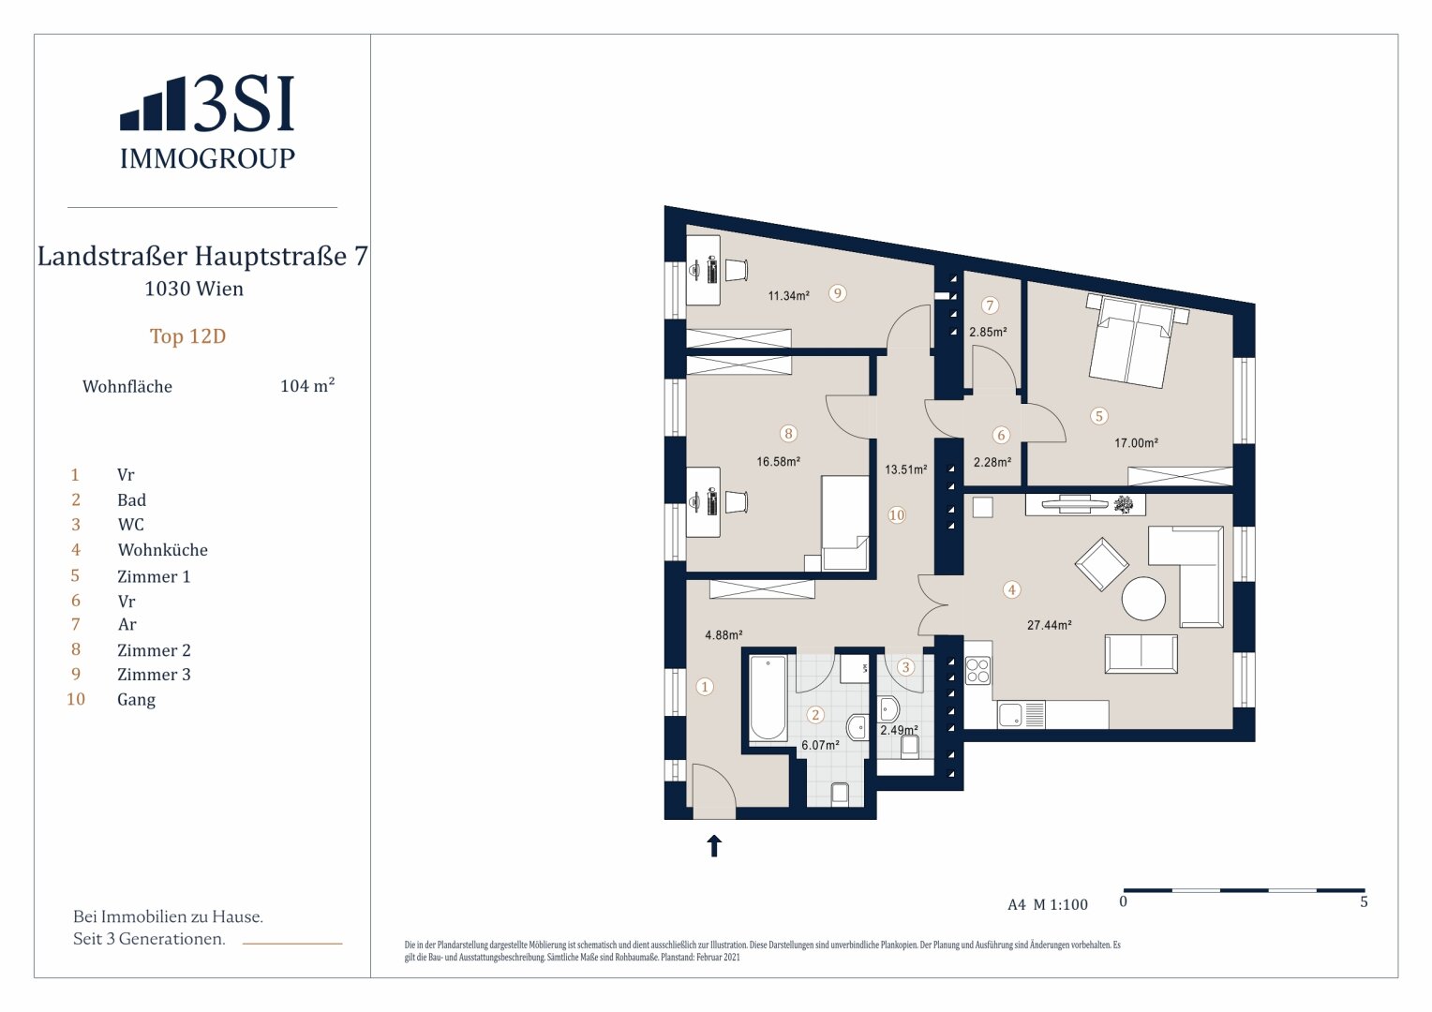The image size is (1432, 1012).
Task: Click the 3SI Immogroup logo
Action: click(207, 122)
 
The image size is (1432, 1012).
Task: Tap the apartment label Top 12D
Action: click(187, 336)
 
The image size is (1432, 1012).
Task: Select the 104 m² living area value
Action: click(307, 386)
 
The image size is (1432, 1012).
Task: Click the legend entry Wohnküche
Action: click(162, 550)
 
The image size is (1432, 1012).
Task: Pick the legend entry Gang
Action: click(136, 700)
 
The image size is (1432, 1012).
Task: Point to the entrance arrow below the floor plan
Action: click(714, 846)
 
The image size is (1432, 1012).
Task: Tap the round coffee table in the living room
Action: click(1144, 598)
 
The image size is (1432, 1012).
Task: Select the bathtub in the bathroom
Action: click(768, 699)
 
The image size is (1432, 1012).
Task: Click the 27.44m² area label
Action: click(1049, 625)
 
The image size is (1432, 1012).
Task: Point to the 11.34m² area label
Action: click(788, 296)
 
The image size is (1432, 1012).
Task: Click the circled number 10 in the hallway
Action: click(897, 515)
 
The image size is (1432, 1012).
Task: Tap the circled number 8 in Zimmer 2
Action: click(788, 433)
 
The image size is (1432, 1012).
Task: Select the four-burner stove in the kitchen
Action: click(977, 671)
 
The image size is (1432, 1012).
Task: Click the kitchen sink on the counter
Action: click(1011, 715)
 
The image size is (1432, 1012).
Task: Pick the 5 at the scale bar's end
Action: click(1364, 902)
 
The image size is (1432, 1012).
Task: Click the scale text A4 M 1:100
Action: click(1048, 905)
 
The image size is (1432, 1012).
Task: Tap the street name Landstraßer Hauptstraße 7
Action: click(202, 257)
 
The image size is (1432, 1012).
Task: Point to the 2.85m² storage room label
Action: click(988, 332)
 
